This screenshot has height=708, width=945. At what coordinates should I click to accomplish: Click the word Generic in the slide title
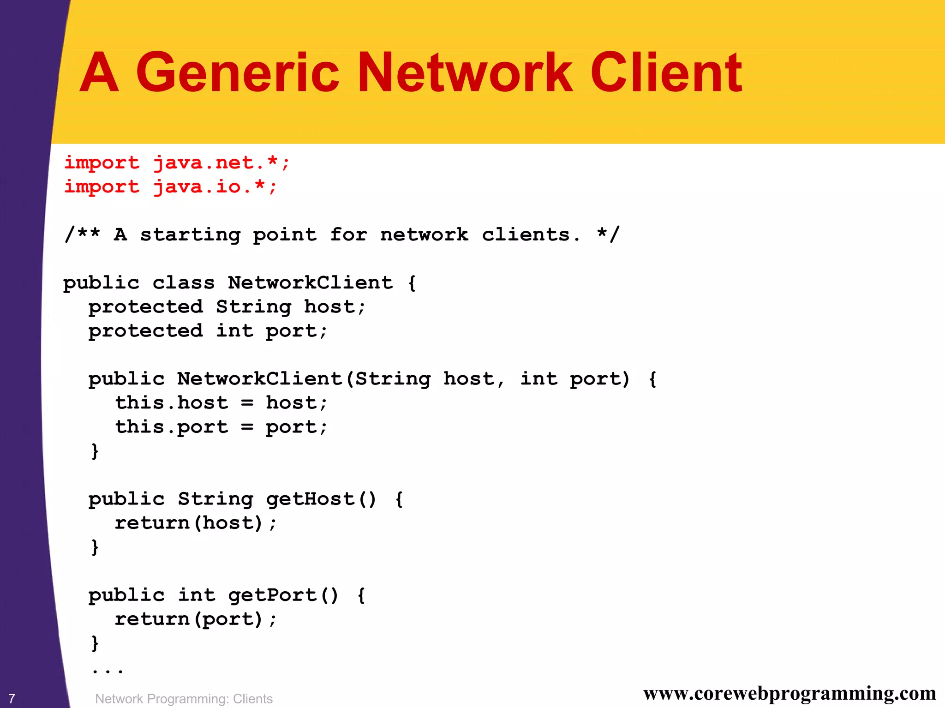tap(237, 73)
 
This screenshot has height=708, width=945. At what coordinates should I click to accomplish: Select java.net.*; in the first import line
tap(221, 163)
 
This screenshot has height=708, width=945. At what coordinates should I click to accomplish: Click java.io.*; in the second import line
tap(215, 187)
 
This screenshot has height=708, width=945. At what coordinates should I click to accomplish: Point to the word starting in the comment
tap(190, 235)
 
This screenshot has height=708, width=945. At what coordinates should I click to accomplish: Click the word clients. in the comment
tap(531, 235)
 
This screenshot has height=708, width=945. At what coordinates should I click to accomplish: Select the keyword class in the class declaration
tap(184, 283)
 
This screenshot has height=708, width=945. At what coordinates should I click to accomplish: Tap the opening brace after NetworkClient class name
tap(412, 283)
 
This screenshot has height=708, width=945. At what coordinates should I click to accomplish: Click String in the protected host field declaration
tap(253, 307)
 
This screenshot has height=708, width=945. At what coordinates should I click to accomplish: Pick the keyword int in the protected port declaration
tap(234, 331)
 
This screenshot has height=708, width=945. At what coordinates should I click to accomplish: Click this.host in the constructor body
tap(171, 403)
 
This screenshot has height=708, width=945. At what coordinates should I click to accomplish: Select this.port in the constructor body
tap(171, 427)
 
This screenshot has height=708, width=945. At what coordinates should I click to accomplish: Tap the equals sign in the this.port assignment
tap(247, 427)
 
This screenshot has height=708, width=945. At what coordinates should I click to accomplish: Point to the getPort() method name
tap(283, 595)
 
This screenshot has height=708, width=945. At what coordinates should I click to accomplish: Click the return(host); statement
tap(196, 523)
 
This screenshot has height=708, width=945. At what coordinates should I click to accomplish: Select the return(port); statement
tap(196, 619)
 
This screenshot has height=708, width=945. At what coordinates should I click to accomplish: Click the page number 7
tap(12, 699)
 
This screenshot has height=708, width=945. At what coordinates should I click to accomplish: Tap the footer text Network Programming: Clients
tap(184, 699)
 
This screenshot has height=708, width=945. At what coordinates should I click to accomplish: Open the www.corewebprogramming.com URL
tap(789, 694)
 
